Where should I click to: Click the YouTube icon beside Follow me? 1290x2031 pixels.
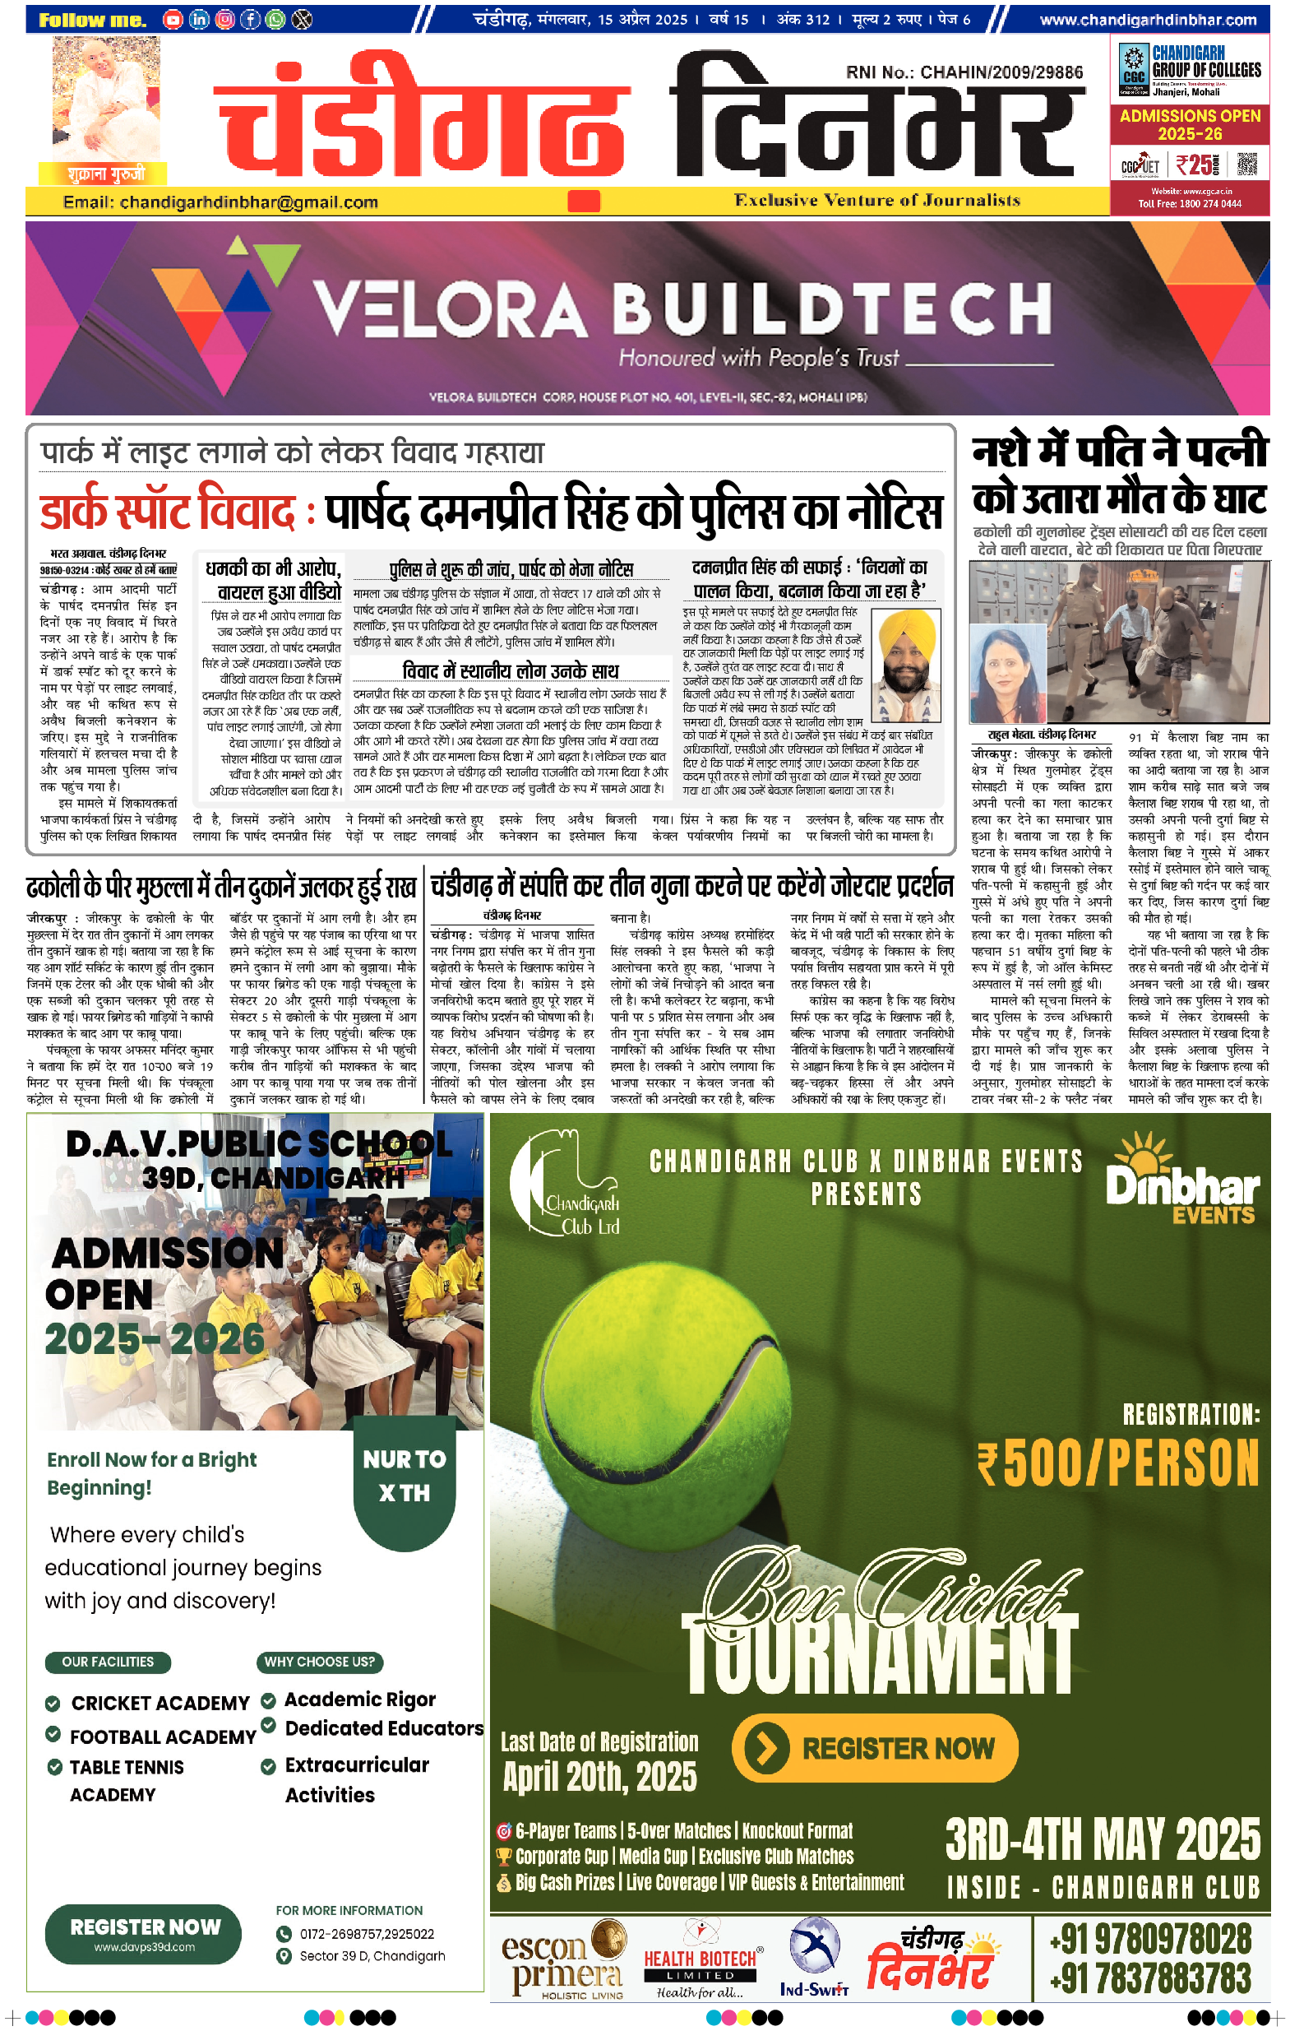tap(173, 20)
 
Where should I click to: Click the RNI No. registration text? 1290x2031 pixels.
tap(964, 72)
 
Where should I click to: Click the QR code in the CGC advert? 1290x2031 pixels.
tap(1247, 164)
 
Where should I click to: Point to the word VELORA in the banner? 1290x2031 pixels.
tap(450, 309)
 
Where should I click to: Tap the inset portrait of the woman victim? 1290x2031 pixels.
tap(1007, 673)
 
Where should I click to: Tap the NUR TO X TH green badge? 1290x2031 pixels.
tap(404, 1475)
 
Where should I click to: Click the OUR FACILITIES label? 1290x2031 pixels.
tap(108, 1662)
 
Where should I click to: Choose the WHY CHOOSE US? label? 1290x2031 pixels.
tap(320, 1662)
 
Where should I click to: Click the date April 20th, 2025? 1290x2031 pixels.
tap(599, 1776)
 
